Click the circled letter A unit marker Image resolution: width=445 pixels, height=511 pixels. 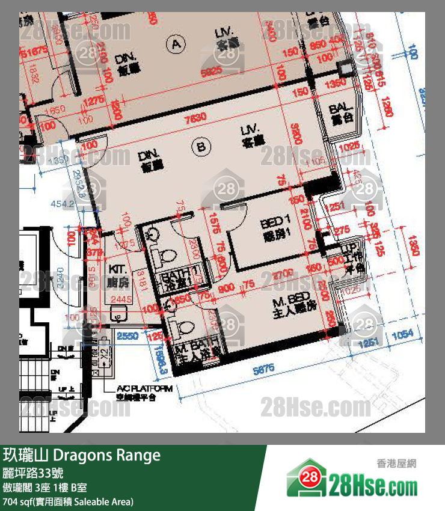[176, 43]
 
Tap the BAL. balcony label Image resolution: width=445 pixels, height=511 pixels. [340, 114]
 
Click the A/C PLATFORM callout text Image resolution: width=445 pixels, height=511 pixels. [144, 391]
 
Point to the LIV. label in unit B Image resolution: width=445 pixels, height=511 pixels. [248, 135]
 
